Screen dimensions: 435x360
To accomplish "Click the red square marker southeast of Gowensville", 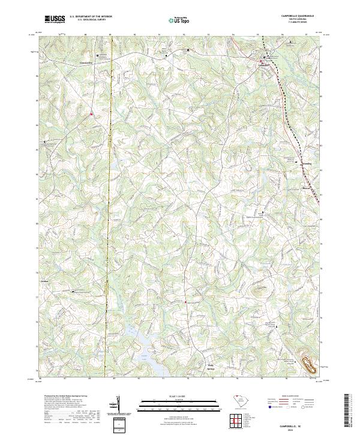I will point(91,113).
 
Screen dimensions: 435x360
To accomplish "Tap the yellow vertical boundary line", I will point(110,210).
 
